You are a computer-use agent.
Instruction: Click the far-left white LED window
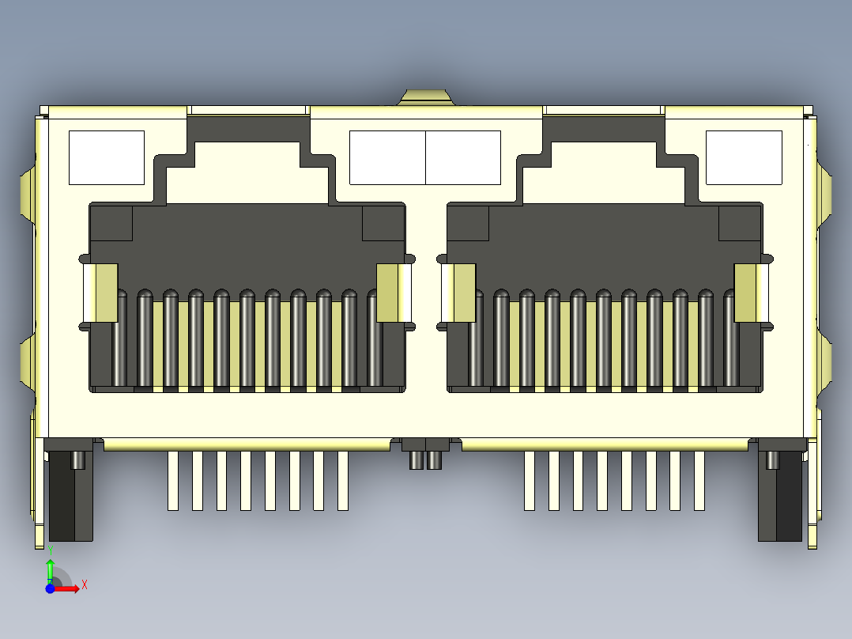tap(107, 157)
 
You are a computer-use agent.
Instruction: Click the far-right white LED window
tap(744, 157)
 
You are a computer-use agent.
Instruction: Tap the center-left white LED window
tap(387, 157)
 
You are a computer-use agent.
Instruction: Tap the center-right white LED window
tap(463, 157)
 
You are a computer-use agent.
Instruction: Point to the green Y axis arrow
tap(50, 569)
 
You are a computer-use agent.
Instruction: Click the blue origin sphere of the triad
tap(50, 588)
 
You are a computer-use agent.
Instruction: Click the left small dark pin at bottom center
tap(416, 459)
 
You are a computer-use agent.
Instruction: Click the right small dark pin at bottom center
tap(434, 459)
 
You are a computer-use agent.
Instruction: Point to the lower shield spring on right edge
tap(826, 360)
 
